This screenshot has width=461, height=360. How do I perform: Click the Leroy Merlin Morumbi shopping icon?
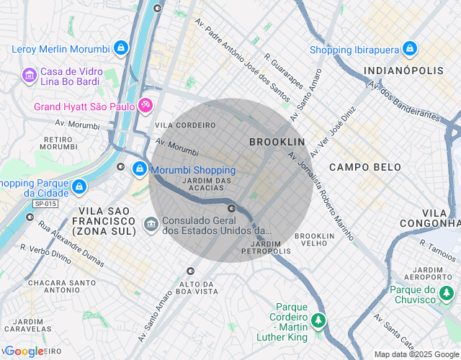click(120, 49)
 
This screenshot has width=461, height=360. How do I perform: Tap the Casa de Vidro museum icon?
click(29, 74)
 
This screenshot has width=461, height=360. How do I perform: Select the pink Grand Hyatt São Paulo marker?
click(145, 107)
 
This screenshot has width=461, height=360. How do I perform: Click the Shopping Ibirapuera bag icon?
click(410, 49)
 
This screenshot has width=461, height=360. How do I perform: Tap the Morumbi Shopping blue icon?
click(139, 170)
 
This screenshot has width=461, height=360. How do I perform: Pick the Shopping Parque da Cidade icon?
click(79, 187)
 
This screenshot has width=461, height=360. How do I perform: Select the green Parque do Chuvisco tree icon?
click(447, 294)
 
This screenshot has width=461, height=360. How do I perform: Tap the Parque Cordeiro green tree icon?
click(318, 320)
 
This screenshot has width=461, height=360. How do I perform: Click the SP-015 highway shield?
click(45, 204)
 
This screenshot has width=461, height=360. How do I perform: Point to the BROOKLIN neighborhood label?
click(277, 142)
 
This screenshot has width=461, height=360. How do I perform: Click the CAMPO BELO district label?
click(364, 167)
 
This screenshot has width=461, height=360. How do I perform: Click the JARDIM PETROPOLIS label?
click(266, 247)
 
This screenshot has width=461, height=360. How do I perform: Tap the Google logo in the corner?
click(24, 351)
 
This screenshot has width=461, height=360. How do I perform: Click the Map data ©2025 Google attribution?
click(416, 354)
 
